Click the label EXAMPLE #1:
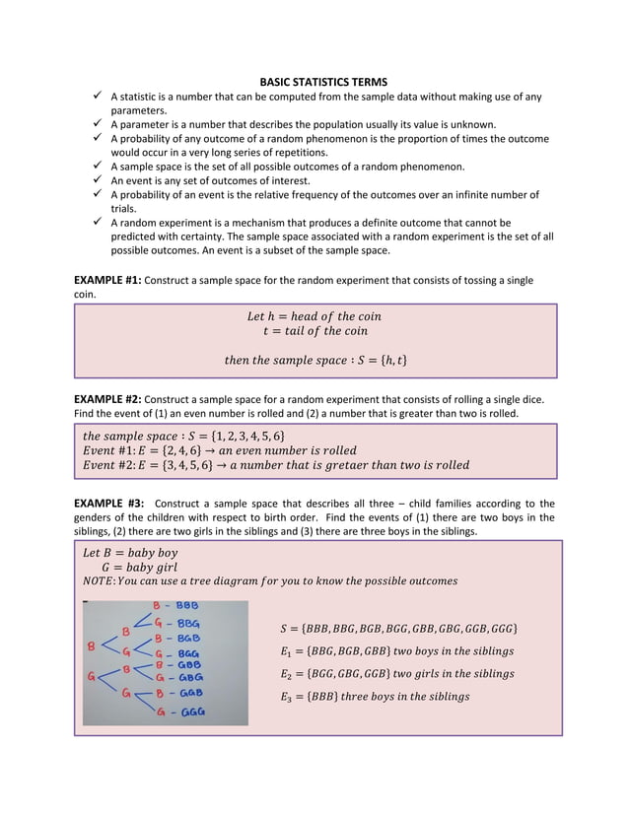point(107,281)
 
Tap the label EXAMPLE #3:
point(108,504)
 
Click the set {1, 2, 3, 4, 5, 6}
point(243,435)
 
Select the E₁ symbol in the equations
point(287,651)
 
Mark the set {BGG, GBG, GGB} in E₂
point(347,674)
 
